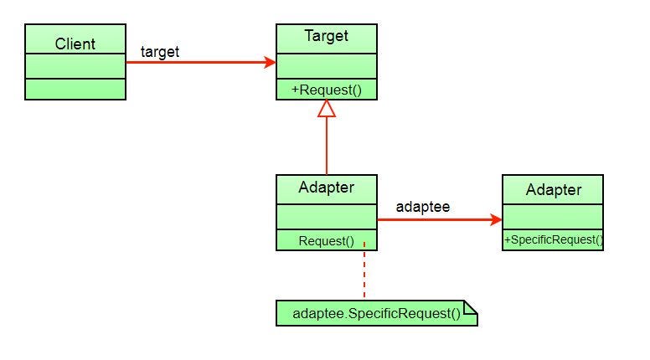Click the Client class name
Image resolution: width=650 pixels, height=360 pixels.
(x=75, y=44)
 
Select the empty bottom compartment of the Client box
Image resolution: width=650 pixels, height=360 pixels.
(x=75, y=89)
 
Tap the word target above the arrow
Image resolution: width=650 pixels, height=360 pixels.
(x=160, y=52)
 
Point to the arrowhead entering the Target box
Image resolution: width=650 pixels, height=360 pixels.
(x=270, y=62)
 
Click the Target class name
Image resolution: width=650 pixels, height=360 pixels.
(x=327, y=36)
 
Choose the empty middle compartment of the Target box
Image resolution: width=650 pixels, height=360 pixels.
(x=327, y=66)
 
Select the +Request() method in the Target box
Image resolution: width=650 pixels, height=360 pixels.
(x=327, y=90)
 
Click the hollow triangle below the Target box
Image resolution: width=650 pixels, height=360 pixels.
(x=327, y=108)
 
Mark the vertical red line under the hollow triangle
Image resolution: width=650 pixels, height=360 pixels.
(x=327, y=147)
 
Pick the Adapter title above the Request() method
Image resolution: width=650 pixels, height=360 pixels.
(x=327, y=188)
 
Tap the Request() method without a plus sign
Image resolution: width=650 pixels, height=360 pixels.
(x=327, y=241)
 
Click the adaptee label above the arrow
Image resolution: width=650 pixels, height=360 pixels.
(x=422, y=206)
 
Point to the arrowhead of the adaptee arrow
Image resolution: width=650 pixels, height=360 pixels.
(x=496, y=220)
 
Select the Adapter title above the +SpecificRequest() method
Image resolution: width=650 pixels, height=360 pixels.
(x=553, y=190)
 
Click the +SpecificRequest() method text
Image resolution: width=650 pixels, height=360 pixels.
(x=553, y=240)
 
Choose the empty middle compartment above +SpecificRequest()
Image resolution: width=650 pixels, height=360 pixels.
(x=553, y=217)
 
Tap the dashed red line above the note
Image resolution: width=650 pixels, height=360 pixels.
(x=364, y=275)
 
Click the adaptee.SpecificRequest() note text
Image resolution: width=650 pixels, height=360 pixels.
(x=376, y=314)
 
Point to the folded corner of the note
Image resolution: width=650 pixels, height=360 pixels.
(x=471, y=308)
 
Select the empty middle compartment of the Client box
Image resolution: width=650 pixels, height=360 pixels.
(x=75, y=66)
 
